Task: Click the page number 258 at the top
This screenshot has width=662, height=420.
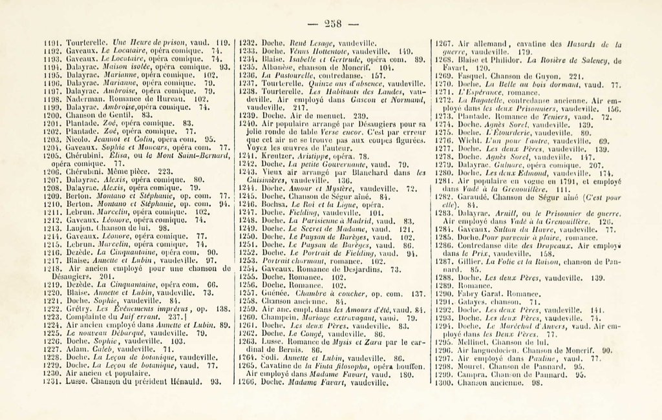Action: (x=332, y=24)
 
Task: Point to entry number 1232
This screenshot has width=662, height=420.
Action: (x=248, y=40)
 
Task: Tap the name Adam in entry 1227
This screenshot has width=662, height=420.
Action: (x=77, y=348)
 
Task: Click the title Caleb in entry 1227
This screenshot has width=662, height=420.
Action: (x=104, y=348)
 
